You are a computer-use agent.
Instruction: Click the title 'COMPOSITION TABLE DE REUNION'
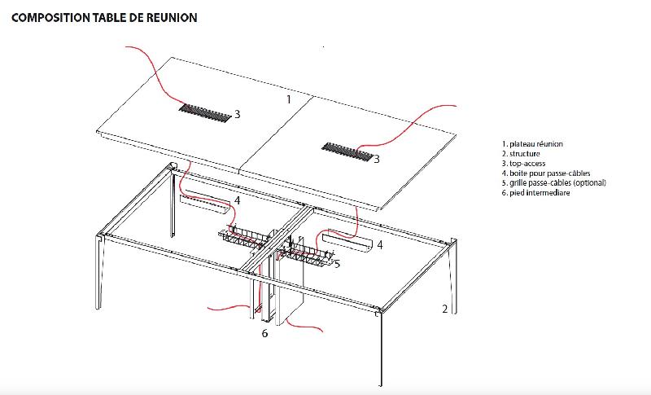click(104, 17)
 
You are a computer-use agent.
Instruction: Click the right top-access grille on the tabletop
click(347, 151)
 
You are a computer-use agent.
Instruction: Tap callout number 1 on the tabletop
click(288, 99)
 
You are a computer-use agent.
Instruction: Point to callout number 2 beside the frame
click(444, 309)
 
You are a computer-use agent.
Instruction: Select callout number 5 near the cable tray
click(336, 263)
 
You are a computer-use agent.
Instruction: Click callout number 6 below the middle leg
click(264, 333)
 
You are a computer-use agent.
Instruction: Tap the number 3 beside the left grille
click(237, 115)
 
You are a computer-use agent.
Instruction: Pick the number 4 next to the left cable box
click(237, 200)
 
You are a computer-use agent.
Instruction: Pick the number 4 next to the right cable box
click(379, 244)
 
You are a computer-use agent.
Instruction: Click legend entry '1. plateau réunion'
click(532, 144)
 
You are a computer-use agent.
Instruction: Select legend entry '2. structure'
click(521, 154)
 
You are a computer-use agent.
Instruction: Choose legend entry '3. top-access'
click(523, 164)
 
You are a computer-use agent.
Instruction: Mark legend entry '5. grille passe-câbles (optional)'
click(554, 183)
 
